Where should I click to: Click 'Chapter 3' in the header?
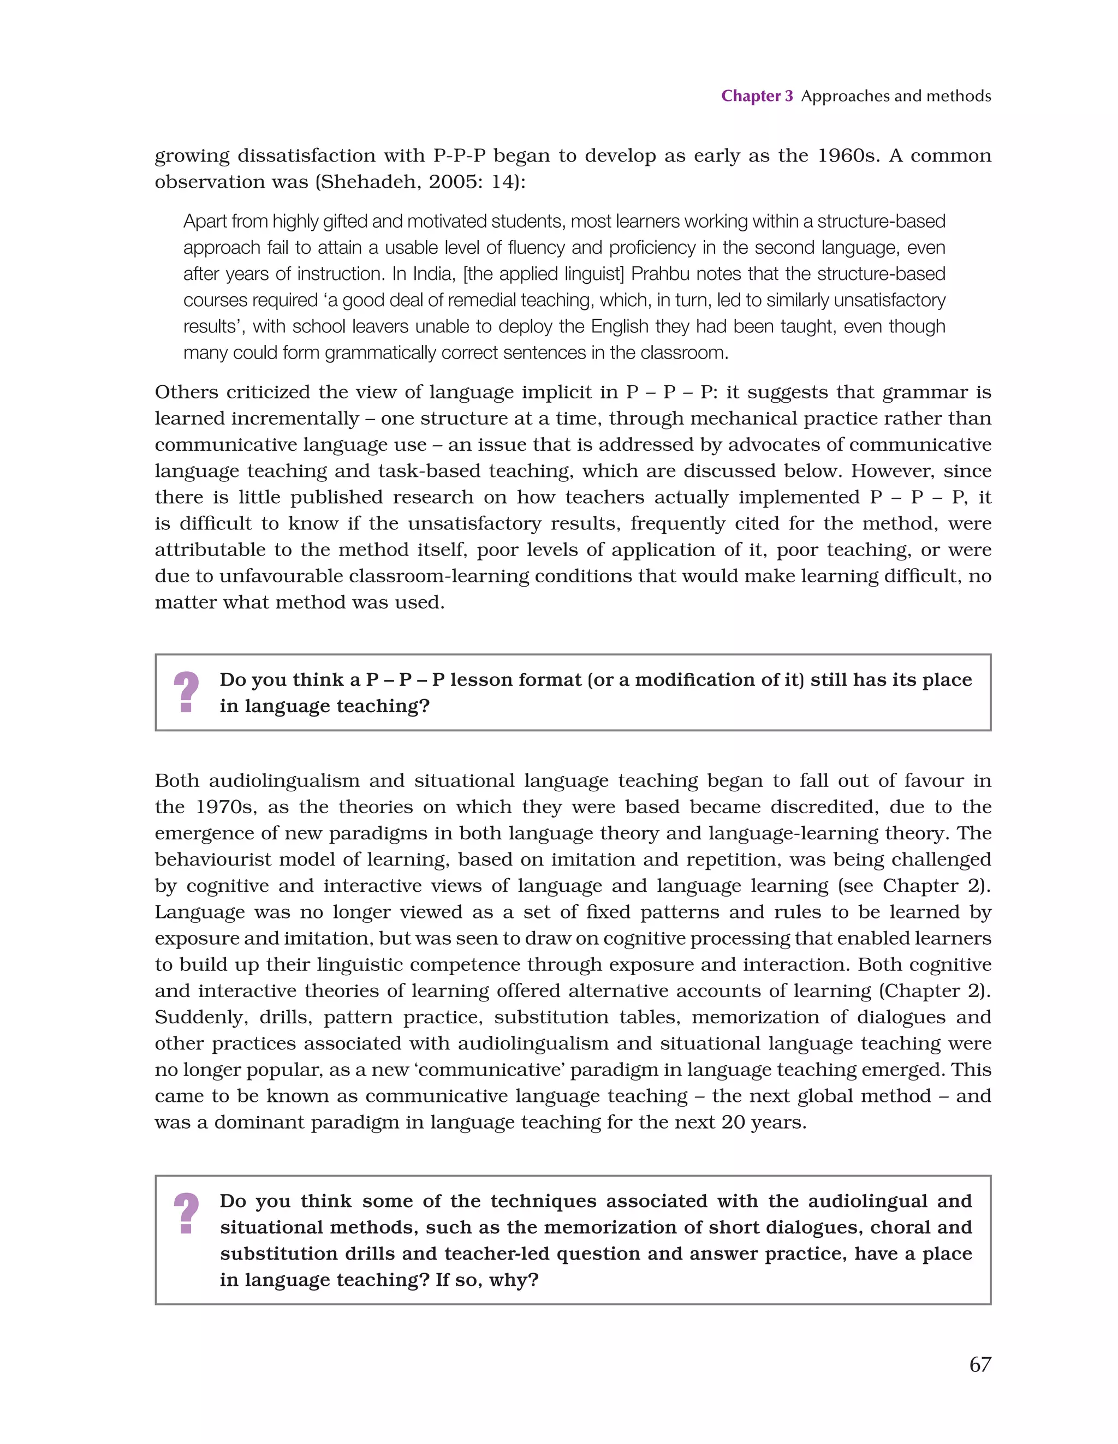pyautogui.click(x=756, y=96)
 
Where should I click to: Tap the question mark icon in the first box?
pyautogui.click(x=187, y=692)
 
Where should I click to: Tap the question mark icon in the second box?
pyautogui.click(x=187, y=1213)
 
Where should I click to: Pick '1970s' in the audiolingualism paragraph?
pyautogui.click(x=226, y=807)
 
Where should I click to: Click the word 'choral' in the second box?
pyautogui.click(x=899, y=1227)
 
